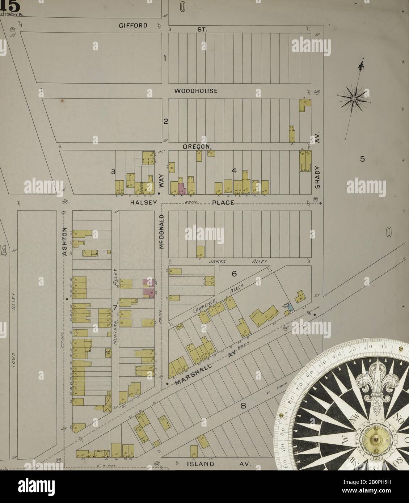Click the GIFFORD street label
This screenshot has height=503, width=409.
[x=133, y=25]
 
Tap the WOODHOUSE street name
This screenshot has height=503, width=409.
[x=196, y=91]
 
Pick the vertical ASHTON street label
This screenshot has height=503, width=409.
[x=65, y=241]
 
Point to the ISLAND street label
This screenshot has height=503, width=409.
[x=200, y=464]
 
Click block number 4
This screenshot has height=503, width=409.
[x=234, y=171]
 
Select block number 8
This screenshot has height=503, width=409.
[x=243, y=406]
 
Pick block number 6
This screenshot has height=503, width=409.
[x=234, y=274]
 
